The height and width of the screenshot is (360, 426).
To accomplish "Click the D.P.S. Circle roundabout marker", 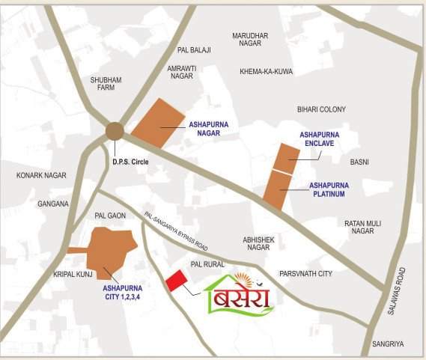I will point(115,132).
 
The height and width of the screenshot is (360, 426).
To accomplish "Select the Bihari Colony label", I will point(321,109).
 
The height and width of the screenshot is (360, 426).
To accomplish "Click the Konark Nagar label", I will point(41,175).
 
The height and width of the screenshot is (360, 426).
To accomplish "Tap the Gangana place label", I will point(53,204).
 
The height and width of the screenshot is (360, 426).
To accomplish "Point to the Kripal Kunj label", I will point(73,275).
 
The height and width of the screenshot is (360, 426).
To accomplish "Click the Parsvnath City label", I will point(305,274).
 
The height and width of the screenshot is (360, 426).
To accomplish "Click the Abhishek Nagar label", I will point(257,243).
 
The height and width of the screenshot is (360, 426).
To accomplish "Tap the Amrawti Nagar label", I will point(182,71).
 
